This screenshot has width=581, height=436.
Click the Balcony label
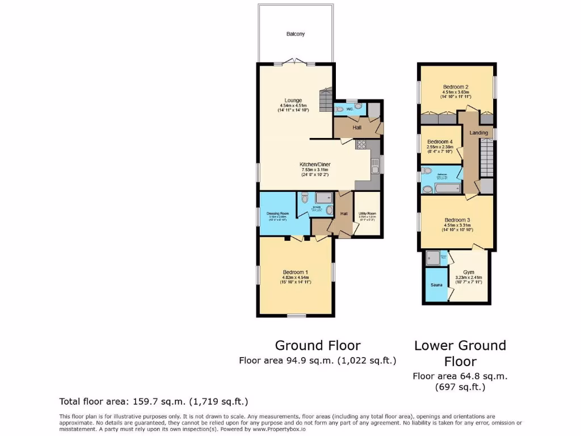click(x=295, y=34)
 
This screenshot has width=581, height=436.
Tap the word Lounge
click(x=293, y=100)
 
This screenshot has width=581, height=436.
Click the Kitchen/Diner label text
click(x=314, y=165)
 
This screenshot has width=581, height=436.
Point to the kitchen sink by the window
click(x=375, y=166)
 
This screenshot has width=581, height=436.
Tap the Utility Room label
click(x=367, y=213)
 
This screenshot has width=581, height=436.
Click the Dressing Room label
click(x=277, y=213)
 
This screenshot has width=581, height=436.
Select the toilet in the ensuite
click(x=305, y=198)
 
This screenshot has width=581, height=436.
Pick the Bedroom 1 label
click(x=294, y=272)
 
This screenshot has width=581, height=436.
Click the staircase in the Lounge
click(x=326, y=100)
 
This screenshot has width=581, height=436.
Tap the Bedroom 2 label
click(x=456, y=87)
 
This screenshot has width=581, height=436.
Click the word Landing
click(x=479, y=133)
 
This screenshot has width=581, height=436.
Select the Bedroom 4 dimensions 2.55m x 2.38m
click(x=440, y=146)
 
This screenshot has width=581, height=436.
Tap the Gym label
click(x=468, y=272)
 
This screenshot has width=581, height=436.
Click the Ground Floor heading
click(x=318, y=345)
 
